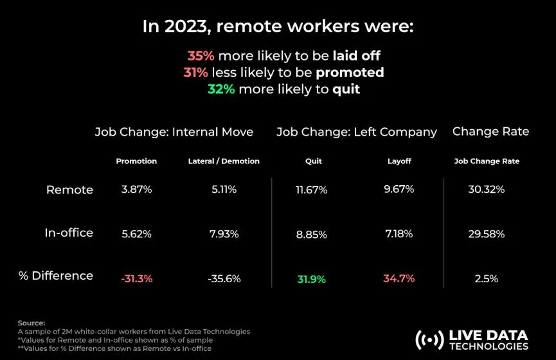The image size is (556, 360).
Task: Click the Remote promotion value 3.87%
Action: coord(136,190)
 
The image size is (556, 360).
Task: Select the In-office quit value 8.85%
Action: coord(311,234)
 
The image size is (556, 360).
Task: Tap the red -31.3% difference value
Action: coord(136,279)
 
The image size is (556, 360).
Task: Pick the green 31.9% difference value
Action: coord(311,279)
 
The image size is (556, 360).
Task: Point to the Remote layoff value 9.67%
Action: coord(399,190)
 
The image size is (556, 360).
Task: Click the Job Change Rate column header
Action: coord(487,161)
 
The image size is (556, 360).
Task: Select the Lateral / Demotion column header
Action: coord(224,161)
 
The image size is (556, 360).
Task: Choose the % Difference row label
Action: coord(56,276)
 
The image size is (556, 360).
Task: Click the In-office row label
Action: coord(69,233)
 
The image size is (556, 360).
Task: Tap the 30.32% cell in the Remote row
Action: coord(487,190)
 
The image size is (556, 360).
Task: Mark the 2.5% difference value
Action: coord(487,279)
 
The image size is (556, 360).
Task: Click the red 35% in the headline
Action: coord(200,56)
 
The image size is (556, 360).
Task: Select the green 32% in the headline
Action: coord(220,89)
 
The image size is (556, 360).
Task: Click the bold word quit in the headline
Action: coord(346,89)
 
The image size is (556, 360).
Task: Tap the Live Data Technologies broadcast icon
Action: coord(429,339)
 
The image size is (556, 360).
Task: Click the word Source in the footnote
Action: coord(31,323)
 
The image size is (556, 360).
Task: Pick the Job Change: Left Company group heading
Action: coord(357,132)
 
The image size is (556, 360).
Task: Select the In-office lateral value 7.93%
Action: coord(224,234)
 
